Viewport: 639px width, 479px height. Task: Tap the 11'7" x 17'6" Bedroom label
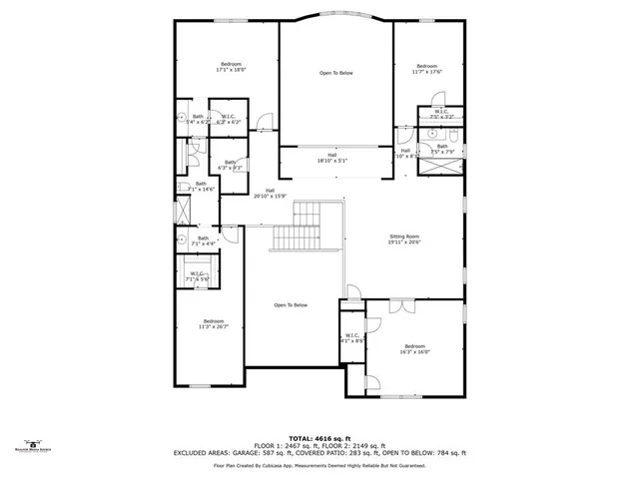427,69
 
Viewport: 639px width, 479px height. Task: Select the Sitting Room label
404,239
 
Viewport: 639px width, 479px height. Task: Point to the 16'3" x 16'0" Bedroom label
414,349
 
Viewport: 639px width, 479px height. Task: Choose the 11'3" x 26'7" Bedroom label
214,324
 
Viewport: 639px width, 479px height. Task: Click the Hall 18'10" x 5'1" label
331,158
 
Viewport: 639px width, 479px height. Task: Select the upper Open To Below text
335,73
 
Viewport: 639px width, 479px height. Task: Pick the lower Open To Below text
291,305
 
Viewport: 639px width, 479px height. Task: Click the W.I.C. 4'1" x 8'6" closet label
352,338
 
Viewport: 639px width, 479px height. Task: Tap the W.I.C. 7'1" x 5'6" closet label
197,276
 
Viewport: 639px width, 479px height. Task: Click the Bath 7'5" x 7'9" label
442,150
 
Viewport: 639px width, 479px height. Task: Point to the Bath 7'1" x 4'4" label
203,240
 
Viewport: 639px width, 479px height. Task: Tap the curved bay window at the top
335,17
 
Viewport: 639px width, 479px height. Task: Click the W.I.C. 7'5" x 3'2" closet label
440,114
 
